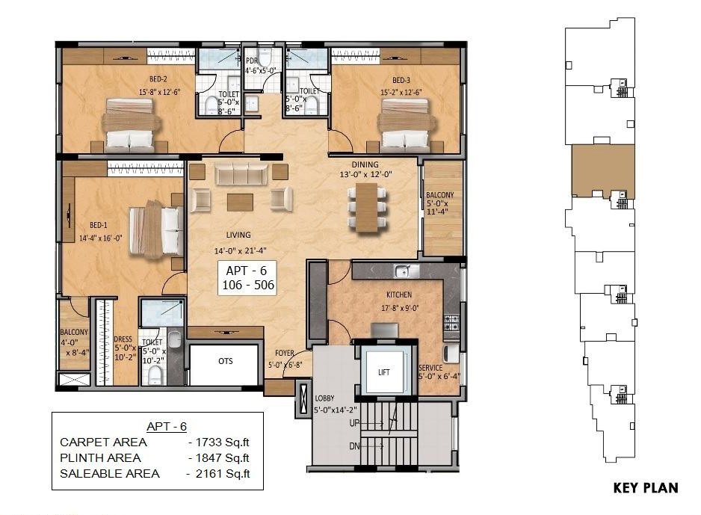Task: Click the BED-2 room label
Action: click(x=158, y=79)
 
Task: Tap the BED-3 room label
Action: click(x=401, y=80)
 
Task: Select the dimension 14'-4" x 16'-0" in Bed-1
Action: click(x=101, y=238)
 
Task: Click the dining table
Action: click(x=367, y=208)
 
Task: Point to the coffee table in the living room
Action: click(x=240, y=202)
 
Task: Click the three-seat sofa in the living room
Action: click(x=241, y=174)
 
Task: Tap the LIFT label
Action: click(x=384, y=372)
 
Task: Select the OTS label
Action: click(x=226, y=361)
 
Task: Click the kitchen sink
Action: click(x=405, y=271)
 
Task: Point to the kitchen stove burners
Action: click(x=451, y=322)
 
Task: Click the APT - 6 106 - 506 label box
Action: click(x=247, y=278)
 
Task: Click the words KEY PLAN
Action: click(x=646, y=487)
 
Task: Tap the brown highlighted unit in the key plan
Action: click(x=603, y=170)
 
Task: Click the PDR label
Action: click(x=252, y=61)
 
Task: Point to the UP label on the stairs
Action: click(x=354, y=422)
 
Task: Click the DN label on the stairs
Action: click(x=354, y=446)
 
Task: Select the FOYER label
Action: click(x=284, y=353)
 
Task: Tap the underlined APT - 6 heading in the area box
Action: click(x=167, y=427)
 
